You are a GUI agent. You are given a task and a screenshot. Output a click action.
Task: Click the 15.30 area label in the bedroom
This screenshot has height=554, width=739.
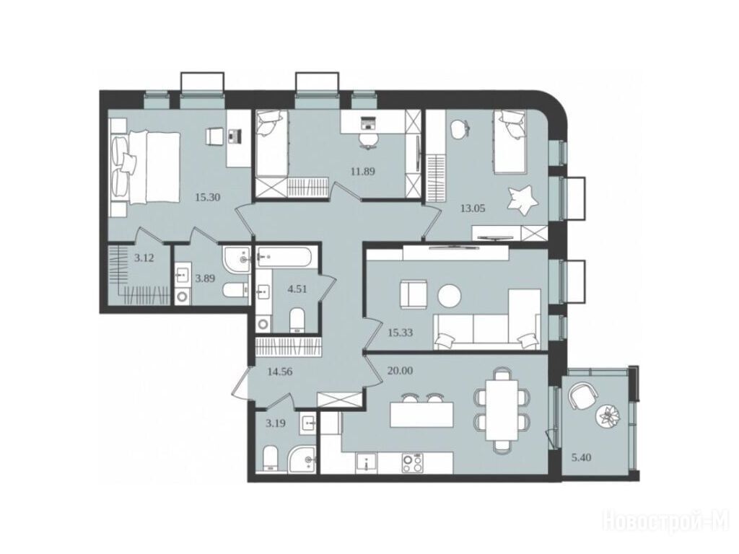[207, 198]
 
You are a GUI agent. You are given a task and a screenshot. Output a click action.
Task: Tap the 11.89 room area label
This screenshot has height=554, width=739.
[363, 172]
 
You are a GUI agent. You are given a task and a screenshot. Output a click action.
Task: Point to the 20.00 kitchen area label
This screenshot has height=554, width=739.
[400, 371]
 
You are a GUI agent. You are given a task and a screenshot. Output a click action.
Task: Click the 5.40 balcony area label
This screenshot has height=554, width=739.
[581, 457]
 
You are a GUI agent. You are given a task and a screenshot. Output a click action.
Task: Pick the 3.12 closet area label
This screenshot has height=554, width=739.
[144, 258]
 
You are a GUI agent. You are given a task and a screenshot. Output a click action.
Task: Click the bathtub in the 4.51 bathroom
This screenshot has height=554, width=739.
[283, 257]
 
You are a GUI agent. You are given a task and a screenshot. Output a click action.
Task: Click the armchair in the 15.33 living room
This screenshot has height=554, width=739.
[413, 294]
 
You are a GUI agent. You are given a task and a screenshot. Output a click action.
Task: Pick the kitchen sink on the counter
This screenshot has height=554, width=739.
[366, 462]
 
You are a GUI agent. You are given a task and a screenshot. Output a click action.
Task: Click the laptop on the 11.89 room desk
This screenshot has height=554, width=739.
[367, 123]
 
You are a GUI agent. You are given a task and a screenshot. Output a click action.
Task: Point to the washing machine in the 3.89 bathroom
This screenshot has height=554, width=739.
[181, 296]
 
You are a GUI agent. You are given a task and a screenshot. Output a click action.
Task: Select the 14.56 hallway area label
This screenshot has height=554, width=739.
[280, 371]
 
